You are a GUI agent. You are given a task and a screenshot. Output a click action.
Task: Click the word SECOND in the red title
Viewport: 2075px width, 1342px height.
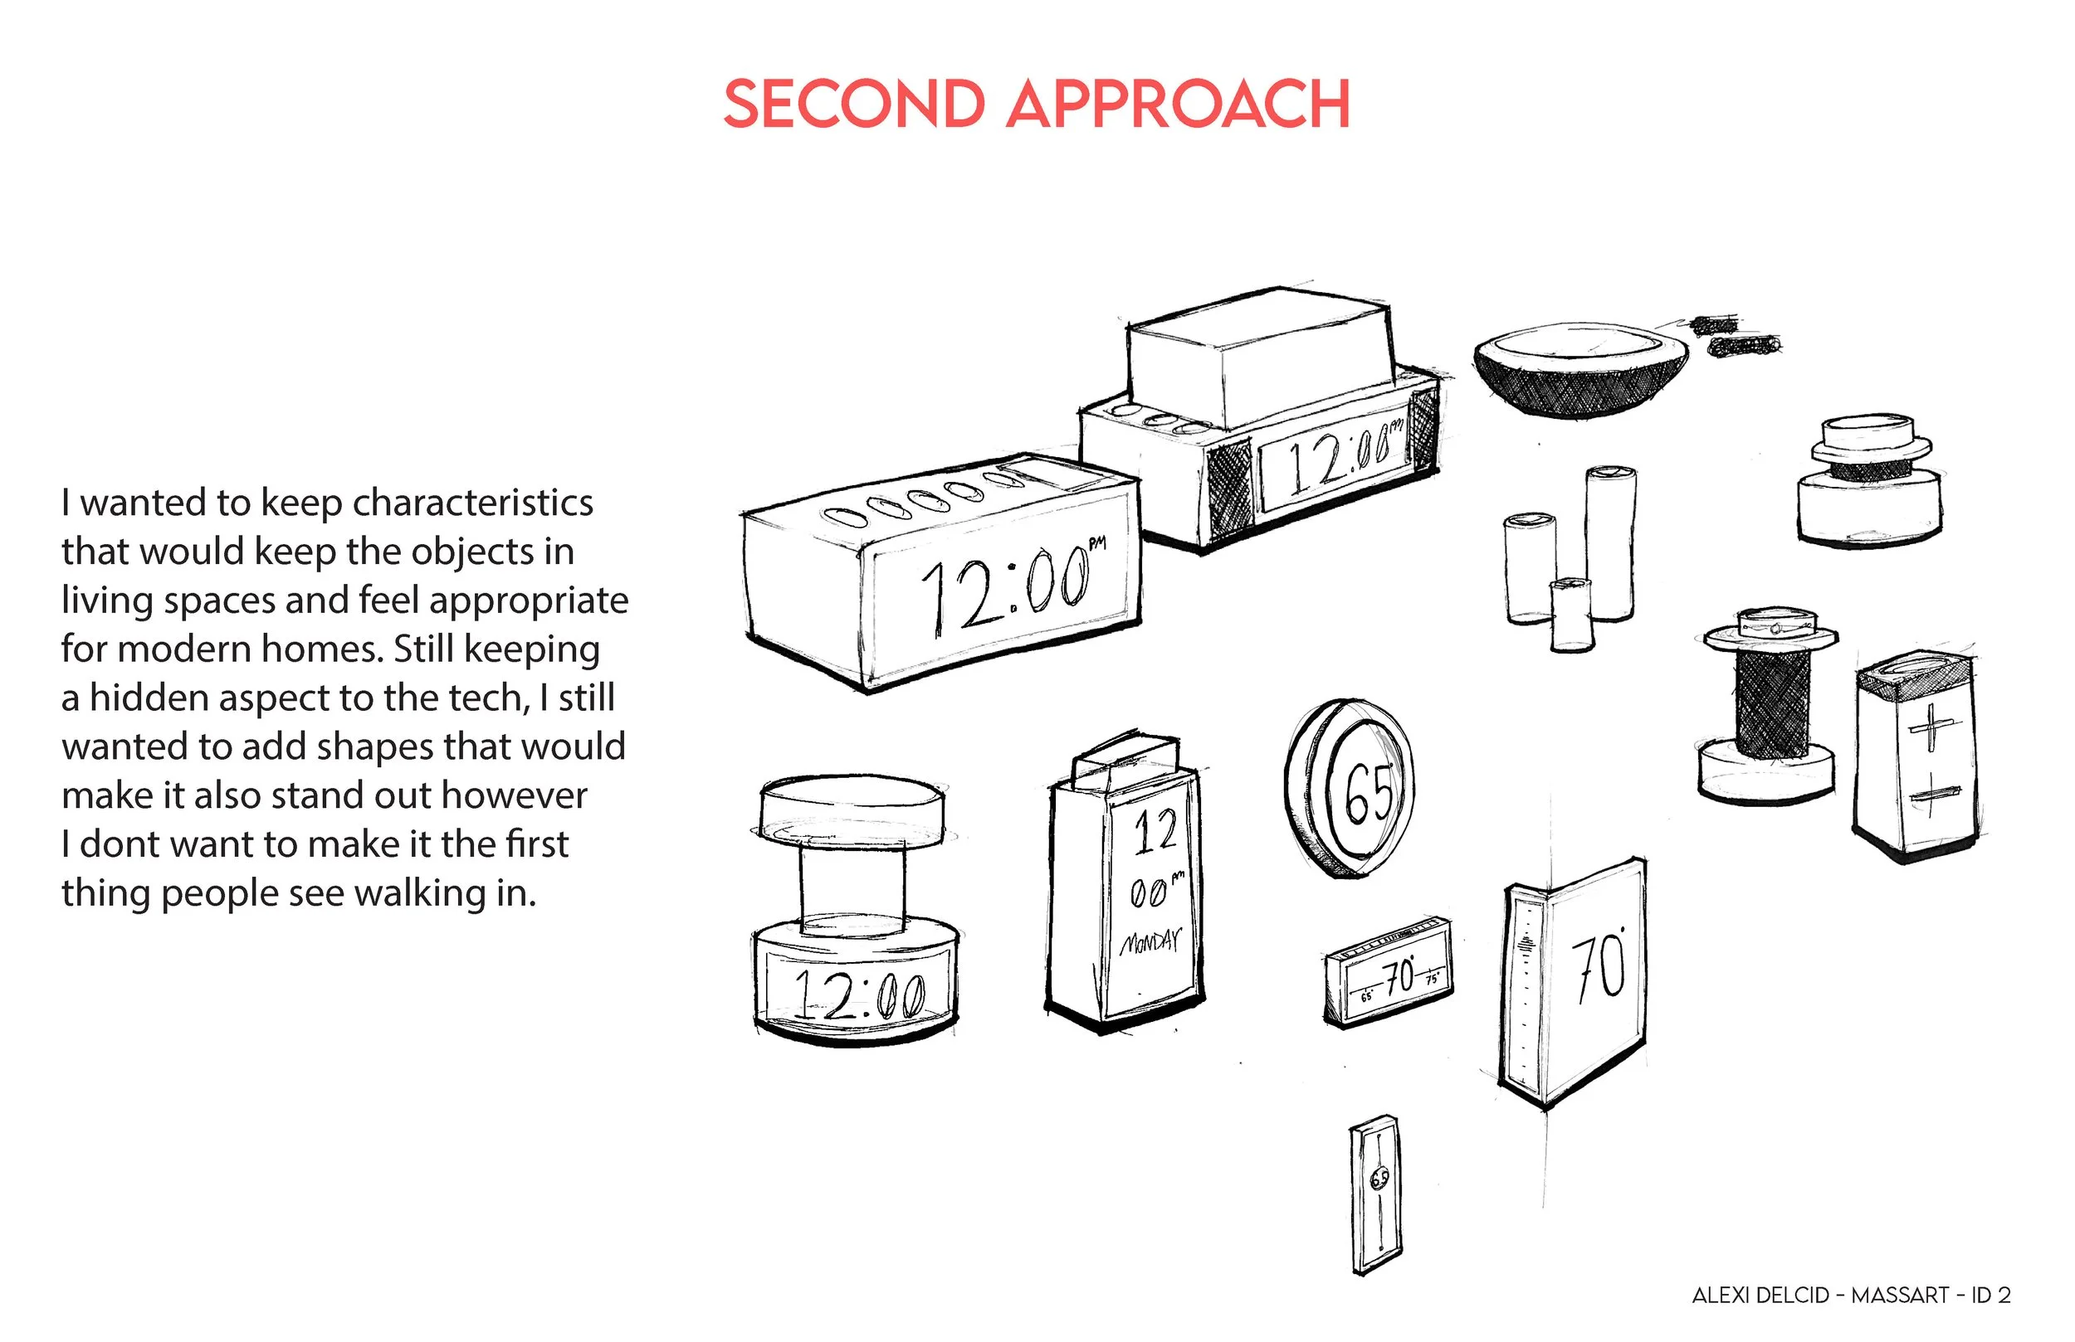[x=853, y=105]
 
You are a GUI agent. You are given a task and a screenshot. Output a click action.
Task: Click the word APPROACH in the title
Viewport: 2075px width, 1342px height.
[x=1178, y=105]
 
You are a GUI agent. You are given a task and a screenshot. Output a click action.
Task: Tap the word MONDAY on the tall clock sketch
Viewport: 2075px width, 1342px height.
[x=1150, y=943]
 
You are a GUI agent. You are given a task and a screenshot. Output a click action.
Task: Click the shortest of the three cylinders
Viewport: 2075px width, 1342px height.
[x=1571, y=615]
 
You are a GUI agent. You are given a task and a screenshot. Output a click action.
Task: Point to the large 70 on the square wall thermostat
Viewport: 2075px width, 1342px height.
[x=1599, y=966]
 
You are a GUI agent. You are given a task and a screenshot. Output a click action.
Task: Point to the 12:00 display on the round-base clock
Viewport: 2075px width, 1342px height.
[x=859, y=994]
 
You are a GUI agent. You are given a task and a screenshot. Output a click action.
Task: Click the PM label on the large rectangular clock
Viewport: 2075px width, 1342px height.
[x=1096, y=544]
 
